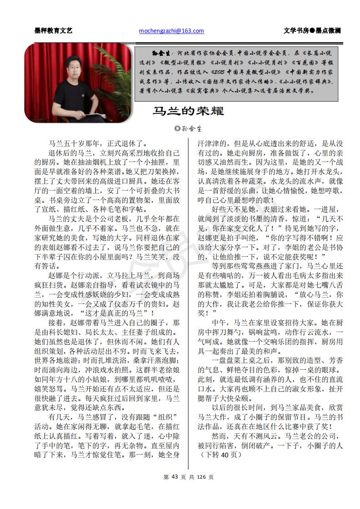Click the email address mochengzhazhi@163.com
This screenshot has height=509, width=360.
coord(171,31)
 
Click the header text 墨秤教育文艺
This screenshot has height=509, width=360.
coord(53,31)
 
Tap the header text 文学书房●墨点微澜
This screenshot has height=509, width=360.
coord(312,31)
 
